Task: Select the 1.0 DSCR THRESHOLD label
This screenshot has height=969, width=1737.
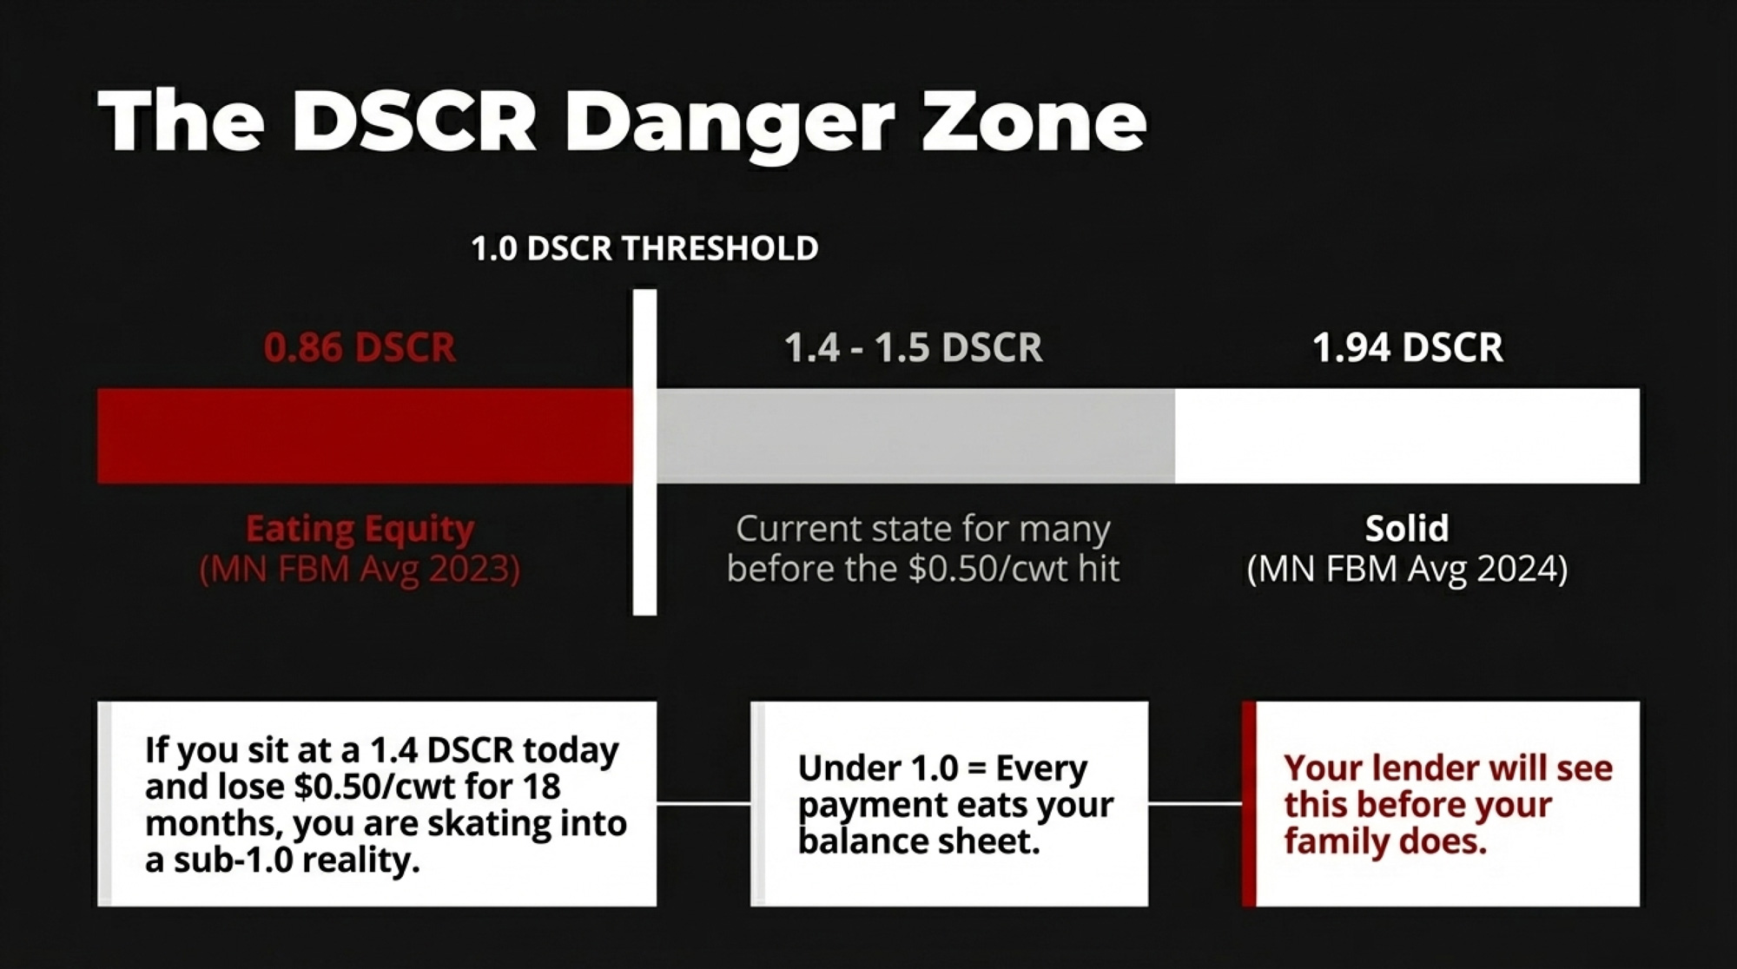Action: coord(644,248)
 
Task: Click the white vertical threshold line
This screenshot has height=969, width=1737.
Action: coord(644,452)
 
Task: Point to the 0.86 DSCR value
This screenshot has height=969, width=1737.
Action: coord(360,347)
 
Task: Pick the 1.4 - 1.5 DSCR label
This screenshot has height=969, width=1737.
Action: coord(913,347)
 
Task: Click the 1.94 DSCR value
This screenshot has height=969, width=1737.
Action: coord(1407,347)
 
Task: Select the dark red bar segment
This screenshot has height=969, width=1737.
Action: coord(366,436)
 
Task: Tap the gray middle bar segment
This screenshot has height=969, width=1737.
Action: coord(915,436)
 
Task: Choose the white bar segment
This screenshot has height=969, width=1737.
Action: coord(1407,436)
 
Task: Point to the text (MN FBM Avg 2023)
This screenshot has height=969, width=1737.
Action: coord(360,570)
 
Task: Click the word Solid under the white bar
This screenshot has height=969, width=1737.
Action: coord(1407,528)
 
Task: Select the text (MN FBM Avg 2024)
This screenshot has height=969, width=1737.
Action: coord(1407,570)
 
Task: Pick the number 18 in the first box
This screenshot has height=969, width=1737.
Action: coord(542,787)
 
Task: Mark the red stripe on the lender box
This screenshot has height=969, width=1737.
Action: coord(1249,804)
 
